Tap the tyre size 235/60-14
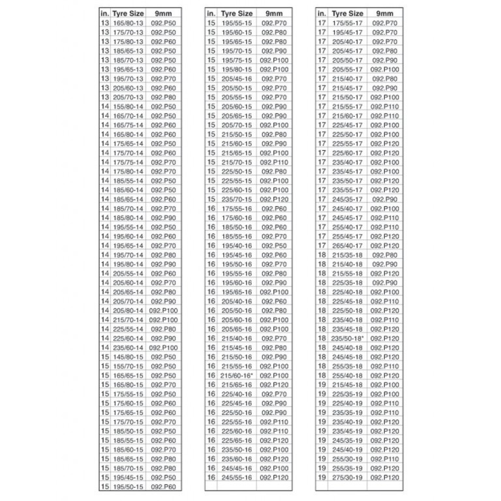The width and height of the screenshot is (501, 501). tap(127, 348)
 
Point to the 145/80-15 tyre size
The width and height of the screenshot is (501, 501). tap(127, 357)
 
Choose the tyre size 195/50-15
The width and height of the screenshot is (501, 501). tap(127, 487)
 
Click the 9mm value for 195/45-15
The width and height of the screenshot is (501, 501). tap(163, 478)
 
